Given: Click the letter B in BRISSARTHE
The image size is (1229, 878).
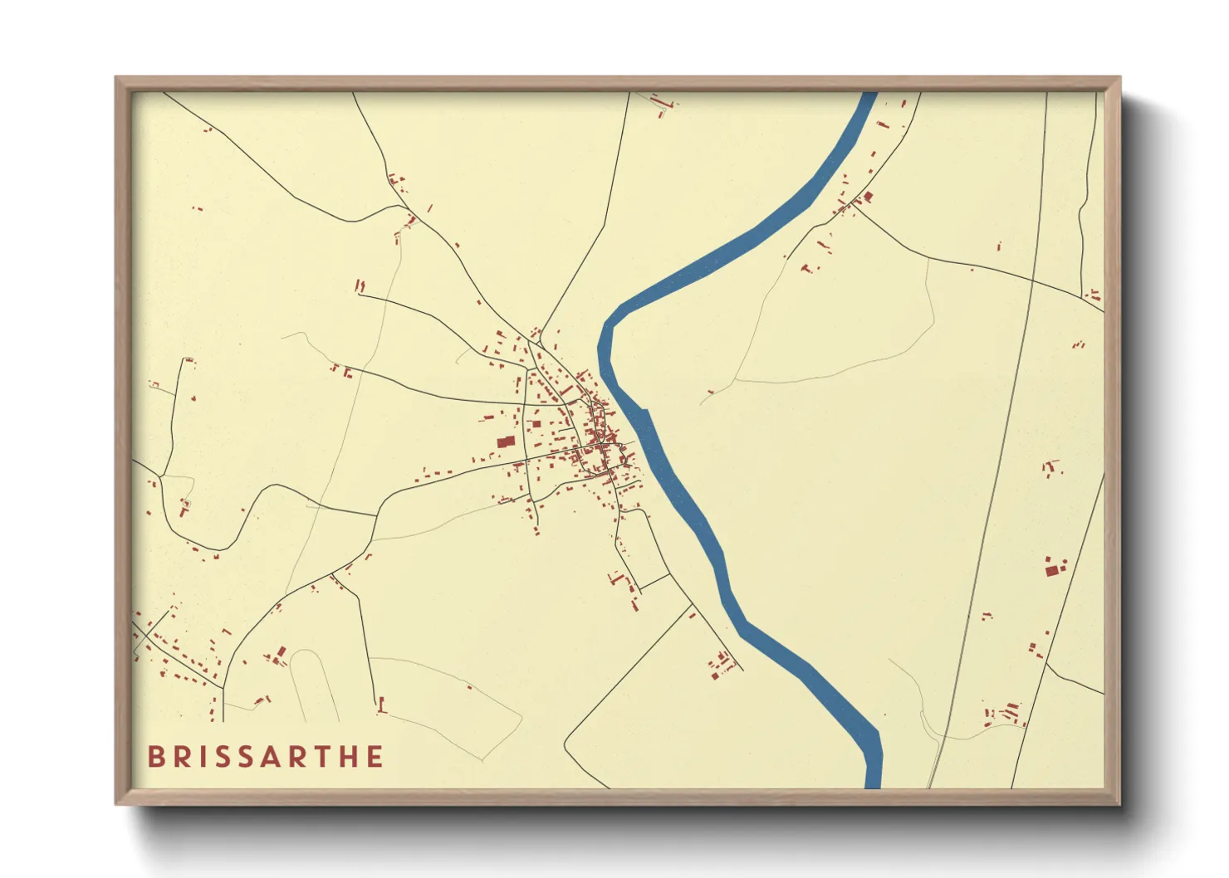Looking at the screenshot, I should (x=155, y=757).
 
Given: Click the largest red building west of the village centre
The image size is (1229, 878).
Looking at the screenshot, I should (x=505, y=442).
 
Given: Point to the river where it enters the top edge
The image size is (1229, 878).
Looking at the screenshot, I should (x=869, y=96).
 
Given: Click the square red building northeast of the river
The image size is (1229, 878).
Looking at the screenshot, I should (x=869, y=197).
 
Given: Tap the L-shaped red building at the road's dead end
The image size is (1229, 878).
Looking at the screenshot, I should (x=382, y=707).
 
